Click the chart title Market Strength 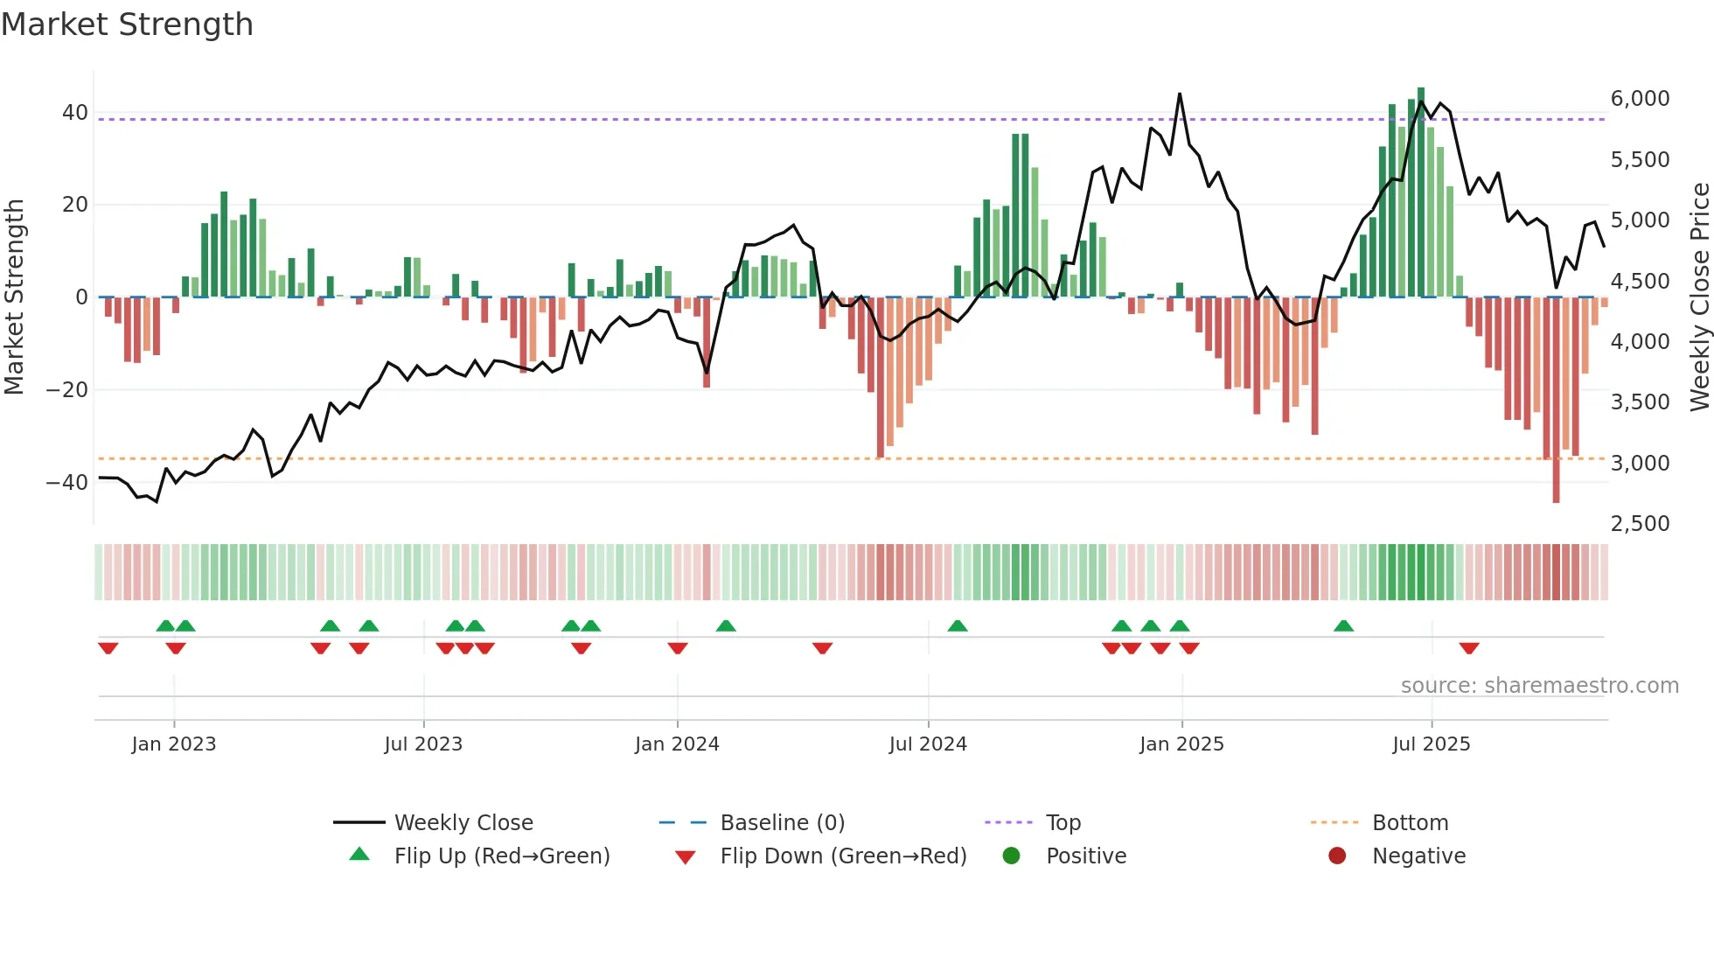(x=127, y=24)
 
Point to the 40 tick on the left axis (x=74, y=113)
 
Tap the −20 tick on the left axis (x=67, y=390)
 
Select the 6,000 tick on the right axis (x=1640, y=99)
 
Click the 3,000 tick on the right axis (x=1640, y=464)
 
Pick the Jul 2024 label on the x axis (x=928, y=744)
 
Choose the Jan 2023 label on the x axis (x=174, y=744)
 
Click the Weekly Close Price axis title (x=1699, y=297)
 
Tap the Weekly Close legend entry (x=463, y=823)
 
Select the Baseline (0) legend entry (x=782, y=823)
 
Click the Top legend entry (x=1063, y=823)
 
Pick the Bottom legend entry (x=1410, y=823)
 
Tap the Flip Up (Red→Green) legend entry (x=501, y=856)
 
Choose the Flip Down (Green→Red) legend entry (x=843, y=856)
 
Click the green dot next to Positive (x=1012, y=856)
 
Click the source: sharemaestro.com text (x=1539, y=686)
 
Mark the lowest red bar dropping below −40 (x=1556, y=490)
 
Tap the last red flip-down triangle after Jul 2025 (x=1469, y=648)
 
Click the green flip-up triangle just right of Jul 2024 (x=958, y=625)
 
